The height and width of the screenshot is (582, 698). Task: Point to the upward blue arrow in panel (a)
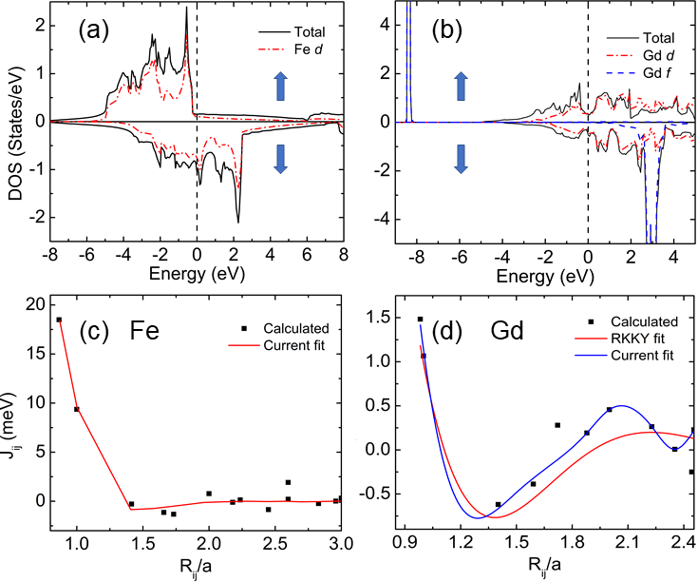280,87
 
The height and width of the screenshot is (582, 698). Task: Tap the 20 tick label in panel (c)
33,304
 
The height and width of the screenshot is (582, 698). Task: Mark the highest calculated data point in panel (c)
59,320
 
